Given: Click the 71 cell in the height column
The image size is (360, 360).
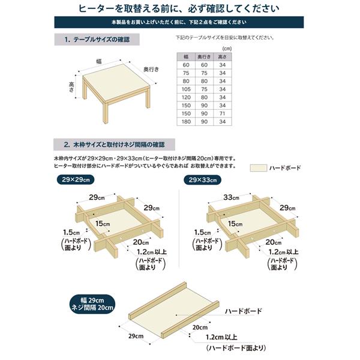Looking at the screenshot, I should point(223,113).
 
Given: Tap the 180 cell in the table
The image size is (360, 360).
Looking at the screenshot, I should point(187,121).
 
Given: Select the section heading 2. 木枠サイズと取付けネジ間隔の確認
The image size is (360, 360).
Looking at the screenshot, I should point(115,145).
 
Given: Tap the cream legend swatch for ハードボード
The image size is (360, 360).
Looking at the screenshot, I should point(259,169).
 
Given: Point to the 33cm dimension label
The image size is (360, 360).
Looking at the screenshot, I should point(231,197).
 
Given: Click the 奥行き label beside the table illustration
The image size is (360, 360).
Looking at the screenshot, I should point(151,70).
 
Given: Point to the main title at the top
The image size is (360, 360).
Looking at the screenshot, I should point(179,8).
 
